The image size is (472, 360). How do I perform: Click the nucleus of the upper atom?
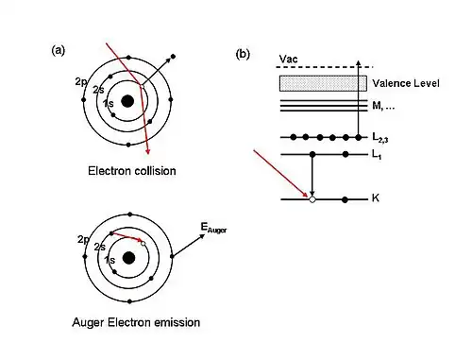[127, 102]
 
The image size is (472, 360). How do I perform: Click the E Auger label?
[213, 228]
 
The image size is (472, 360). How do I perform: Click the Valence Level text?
[403, 83]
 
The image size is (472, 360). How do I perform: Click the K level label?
[376, 199]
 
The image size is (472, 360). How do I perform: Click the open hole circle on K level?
[312, 199]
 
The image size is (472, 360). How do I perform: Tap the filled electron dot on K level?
[346, 199]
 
